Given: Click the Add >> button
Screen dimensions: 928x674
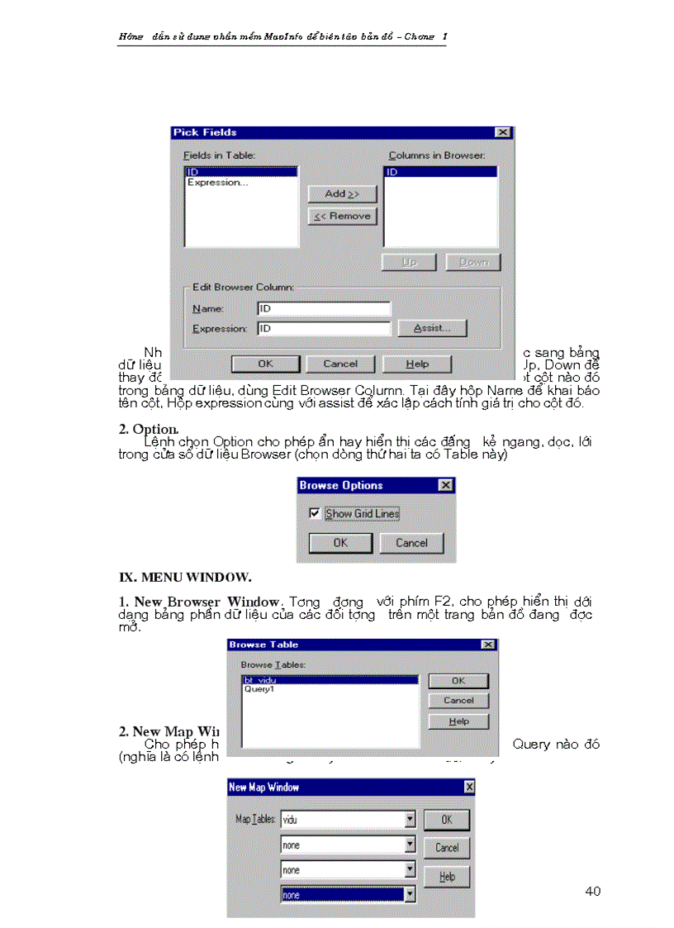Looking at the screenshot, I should tap(342, 193).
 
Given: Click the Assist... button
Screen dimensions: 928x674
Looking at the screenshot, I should tap(432, 328).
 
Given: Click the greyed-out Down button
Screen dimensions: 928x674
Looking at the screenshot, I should tap(473, 262).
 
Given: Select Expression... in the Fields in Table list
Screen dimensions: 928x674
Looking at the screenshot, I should tap(217, 183).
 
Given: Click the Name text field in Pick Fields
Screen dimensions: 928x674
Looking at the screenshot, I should tap(323, 308).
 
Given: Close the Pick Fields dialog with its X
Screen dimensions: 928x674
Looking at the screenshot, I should tap(503, 132).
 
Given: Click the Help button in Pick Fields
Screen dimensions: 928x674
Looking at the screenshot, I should tap(417, 364).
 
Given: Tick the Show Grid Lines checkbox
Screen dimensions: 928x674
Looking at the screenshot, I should tap(314, 513).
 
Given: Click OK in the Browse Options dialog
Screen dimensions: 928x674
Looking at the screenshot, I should tap(340, 543).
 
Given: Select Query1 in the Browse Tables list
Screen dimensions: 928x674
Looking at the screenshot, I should tap(259, 688).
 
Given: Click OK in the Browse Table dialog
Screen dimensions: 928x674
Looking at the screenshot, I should tap(458, 681).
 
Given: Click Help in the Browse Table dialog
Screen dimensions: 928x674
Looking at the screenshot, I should tap(458, 721).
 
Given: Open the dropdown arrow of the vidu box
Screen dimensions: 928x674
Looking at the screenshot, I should tap(410, 820).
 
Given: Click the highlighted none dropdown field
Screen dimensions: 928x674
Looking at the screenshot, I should tap(342, 894).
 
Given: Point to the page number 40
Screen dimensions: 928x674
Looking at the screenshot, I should tap(592, 891).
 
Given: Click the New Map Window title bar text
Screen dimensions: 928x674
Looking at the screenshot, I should tap(263, 788).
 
